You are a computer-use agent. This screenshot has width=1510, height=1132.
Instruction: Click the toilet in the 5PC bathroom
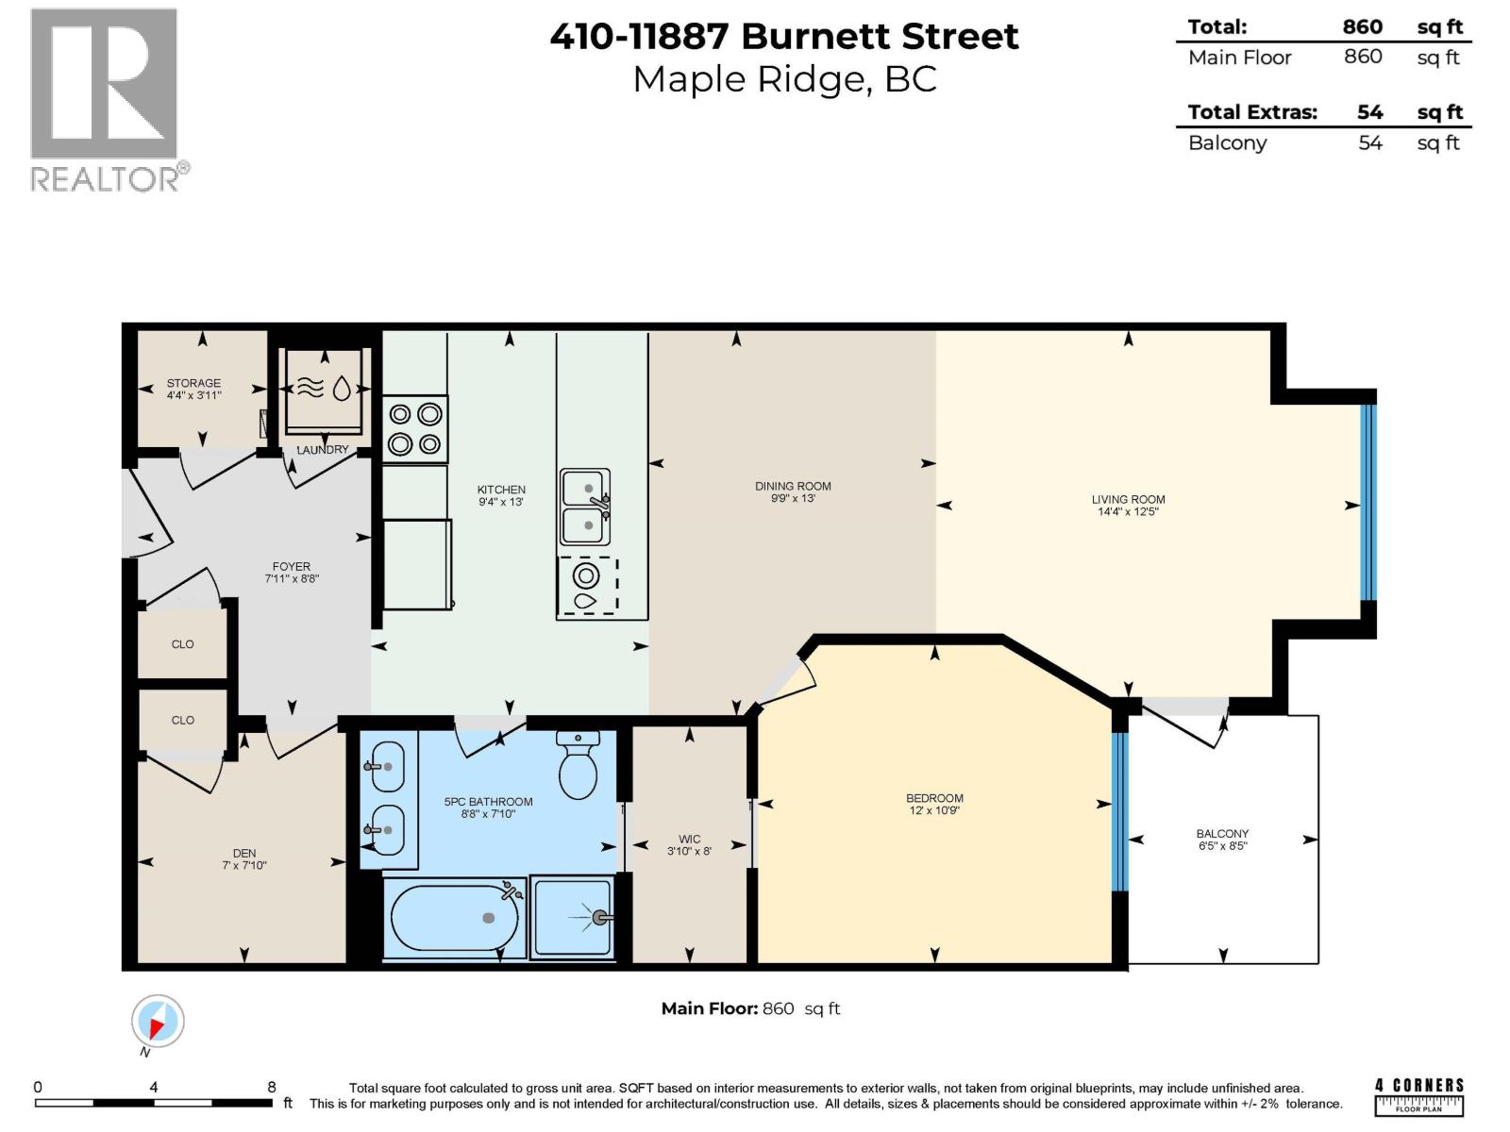578,764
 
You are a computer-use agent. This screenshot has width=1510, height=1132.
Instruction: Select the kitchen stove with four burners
415,429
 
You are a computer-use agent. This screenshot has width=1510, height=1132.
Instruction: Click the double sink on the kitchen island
585,507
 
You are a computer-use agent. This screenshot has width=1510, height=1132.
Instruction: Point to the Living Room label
1128,500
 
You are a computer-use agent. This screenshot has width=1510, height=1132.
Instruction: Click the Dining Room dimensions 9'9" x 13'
793,498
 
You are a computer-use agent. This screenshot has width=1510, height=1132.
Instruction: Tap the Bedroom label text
934,798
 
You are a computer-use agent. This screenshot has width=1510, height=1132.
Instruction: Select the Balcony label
1222,834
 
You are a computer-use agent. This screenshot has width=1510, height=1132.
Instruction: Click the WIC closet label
689,840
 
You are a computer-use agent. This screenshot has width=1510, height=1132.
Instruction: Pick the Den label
244,853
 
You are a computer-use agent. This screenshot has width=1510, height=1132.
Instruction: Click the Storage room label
193,383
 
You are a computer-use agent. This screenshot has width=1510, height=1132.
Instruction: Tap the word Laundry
323,450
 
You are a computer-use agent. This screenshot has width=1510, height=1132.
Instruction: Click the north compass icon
159,1022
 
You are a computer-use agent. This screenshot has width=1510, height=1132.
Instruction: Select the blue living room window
1368,502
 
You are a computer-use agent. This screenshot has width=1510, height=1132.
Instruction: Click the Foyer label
291,566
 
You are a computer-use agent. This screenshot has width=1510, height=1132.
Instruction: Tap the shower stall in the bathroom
573,917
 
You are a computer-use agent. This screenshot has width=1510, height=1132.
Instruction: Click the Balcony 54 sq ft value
1369,143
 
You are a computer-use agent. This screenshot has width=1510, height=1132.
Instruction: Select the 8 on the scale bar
272,1087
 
